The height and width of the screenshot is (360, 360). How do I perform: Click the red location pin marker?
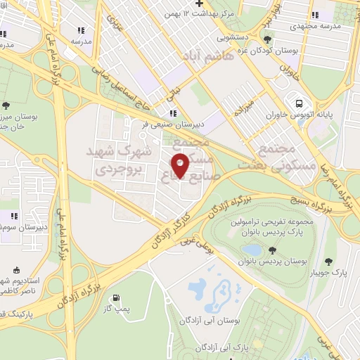point(181,165)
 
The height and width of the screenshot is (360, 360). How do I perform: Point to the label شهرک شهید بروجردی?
point(114,160)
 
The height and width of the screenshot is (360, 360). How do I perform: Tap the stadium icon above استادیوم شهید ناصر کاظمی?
point(18,271)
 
